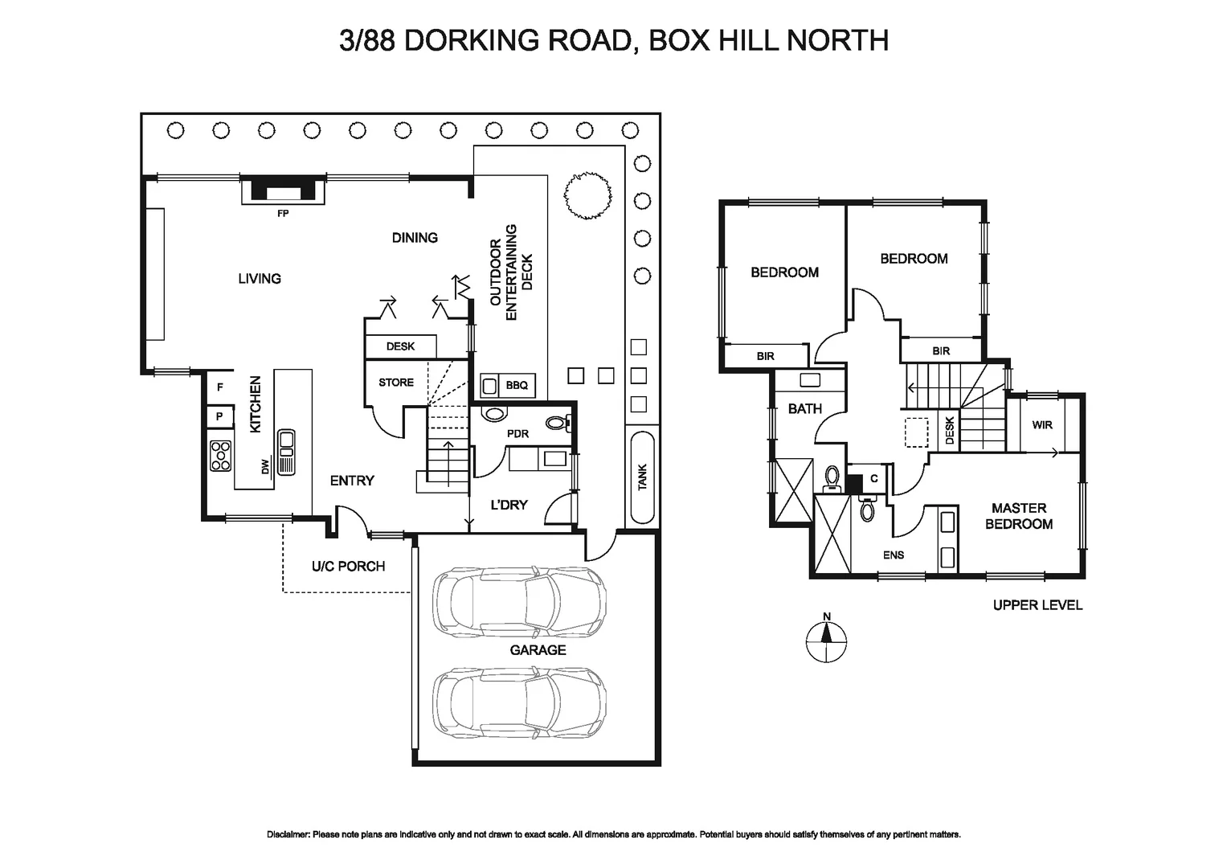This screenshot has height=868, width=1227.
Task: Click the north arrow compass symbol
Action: point(826,641)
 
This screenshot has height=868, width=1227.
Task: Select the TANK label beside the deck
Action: point(642,477)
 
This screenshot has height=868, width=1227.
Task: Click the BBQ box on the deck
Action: point(517,386)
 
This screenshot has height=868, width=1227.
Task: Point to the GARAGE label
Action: point(538,649)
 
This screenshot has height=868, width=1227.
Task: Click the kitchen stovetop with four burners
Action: point(220,456)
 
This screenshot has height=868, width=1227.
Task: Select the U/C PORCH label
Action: point(348,567)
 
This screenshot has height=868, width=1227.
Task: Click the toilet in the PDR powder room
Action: point(556,422)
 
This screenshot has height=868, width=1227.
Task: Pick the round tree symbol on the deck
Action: point(588,194)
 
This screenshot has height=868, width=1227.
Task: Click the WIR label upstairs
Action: point(1042,424)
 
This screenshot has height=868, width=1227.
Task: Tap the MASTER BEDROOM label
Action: point(1019,516)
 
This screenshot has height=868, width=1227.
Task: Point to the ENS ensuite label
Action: point(894,555)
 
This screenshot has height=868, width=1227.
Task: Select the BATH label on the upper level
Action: point(804,408)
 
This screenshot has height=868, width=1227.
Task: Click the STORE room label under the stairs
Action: point(396,383)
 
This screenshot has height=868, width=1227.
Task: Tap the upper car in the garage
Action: point(518,602)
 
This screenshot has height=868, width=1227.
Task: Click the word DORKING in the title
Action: point(517,39)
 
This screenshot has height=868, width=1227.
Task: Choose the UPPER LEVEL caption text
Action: point(1037,605)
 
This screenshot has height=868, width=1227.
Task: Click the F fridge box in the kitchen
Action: point(219,387)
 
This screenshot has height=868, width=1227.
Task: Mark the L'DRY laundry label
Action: point(509,505)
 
